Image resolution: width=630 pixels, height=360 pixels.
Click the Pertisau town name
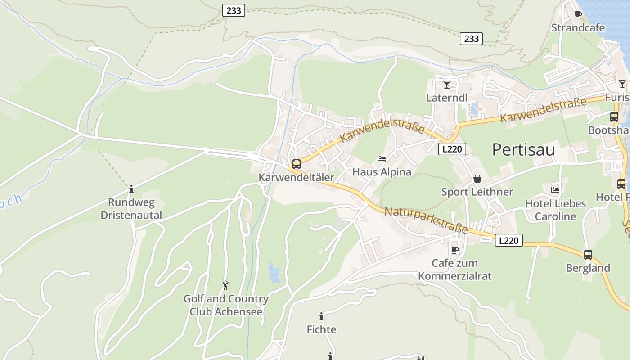(523, 149)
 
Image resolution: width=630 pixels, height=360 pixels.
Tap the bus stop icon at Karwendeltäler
(296, 164)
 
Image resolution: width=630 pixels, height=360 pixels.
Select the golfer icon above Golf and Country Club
(225, 285)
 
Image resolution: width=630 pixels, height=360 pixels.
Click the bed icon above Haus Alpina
(382, 159)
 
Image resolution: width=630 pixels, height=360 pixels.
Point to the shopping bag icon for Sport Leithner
(477, 179)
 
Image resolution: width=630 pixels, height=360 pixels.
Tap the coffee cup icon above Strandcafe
(578, 15)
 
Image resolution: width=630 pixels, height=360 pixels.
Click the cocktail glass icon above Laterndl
(447, 85)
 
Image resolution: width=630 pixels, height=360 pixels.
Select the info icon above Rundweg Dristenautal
(131, 189)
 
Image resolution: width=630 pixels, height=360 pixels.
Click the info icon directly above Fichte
(321, 316)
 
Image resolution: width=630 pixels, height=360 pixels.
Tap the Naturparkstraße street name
(426, 220)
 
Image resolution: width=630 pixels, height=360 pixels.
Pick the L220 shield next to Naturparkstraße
(509, 240)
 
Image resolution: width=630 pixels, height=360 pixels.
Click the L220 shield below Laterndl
(452, 149)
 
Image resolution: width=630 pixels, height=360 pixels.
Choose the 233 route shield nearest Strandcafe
(471, 39)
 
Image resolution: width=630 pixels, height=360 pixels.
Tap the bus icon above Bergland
(588, 255)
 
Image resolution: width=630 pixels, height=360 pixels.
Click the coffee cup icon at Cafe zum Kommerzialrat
(455, 250)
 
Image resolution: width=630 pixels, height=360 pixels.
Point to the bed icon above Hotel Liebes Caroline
(555, 190)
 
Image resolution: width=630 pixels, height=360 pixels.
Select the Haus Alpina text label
(382, 172)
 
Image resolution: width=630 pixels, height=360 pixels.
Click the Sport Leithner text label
(477, 192)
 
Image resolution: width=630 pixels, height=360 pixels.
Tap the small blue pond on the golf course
(274, 272)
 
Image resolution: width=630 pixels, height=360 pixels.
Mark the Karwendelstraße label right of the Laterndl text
(543, 109)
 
